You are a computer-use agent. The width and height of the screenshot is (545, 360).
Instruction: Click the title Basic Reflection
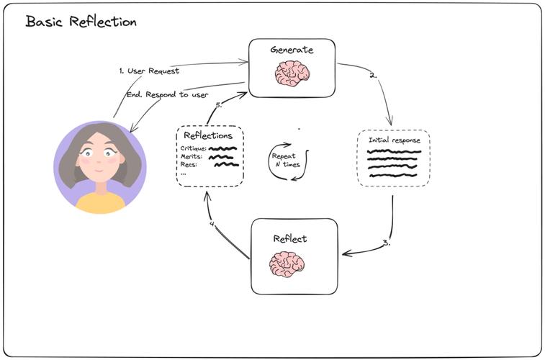click(81, 22)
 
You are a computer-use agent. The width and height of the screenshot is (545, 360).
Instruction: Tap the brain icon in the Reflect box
click(287, 264)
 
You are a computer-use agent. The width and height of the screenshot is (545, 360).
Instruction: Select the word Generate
click(292, 50)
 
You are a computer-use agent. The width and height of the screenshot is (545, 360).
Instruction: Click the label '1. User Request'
click(149, 71)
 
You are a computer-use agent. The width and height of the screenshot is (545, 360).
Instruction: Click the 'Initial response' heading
click(394, 140)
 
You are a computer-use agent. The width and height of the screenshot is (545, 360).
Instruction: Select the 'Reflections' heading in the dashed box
click(208, 135)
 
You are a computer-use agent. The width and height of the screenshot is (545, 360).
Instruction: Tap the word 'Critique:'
click(194, 148)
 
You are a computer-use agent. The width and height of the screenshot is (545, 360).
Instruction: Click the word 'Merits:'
click(192, 156)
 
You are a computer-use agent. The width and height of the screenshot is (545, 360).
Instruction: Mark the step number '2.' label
click(374, 74)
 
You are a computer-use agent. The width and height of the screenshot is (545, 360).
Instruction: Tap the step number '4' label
click(212, 224)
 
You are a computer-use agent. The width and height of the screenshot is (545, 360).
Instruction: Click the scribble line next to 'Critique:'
click(223, 148)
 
